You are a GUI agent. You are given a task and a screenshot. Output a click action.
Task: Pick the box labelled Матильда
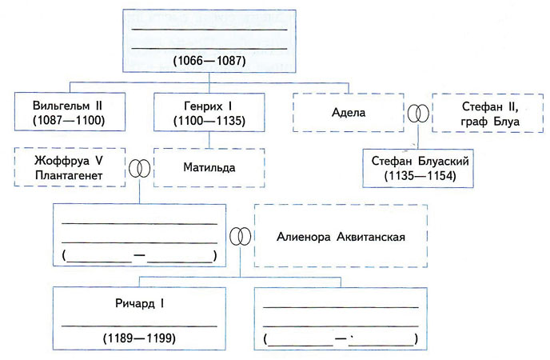click(205, 169)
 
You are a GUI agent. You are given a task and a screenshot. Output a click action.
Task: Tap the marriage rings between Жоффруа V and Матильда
click(139, 169)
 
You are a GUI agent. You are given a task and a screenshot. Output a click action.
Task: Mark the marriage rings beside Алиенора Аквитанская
click(239, 237)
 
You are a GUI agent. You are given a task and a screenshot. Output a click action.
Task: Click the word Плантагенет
click(70, 176)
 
